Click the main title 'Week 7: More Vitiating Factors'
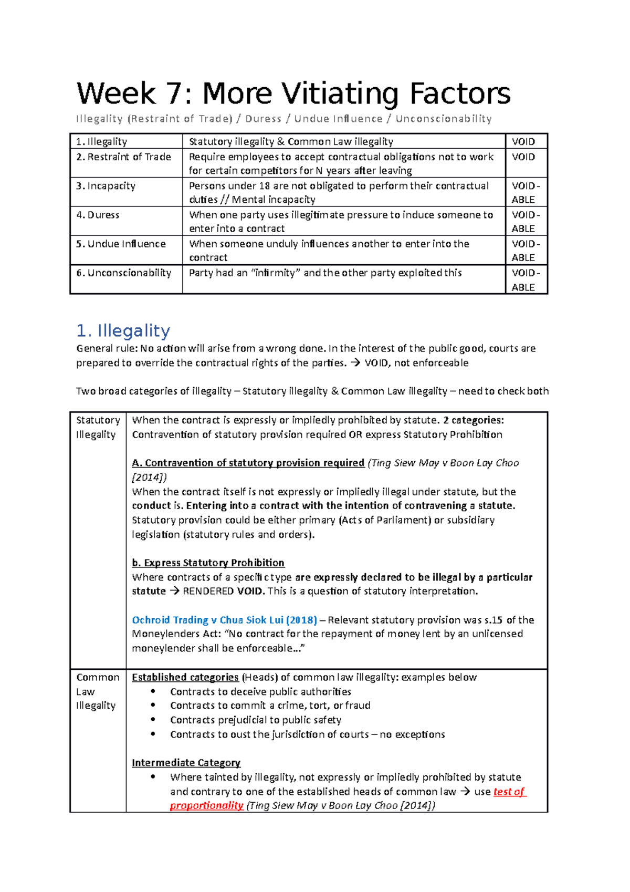[293, 94]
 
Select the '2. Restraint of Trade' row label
[124, 157]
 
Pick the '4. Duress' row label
[98, 215]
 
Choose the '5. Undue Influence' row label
[121, 244]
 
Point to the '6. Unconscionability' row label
[124, 273]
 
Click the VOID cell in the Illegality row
[523, 141]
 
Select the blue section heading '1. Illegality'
[123, 330]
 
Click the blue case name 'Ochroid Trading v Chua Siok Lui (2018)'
[224, 620]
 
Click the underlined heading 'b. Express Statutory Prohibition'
[208, 563]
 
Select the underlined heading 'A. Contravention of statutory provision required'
[248, 463]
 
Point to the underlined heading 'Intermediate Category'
[186, 762]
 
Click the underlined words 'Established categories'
[185, 677]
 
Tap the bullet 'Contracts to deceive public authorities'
[260, 692]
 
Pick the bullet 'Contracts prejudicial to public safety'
[255, 720]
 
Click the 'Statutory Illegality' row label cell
[98, 427]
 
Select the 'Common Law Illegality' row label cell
[98, 691]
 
